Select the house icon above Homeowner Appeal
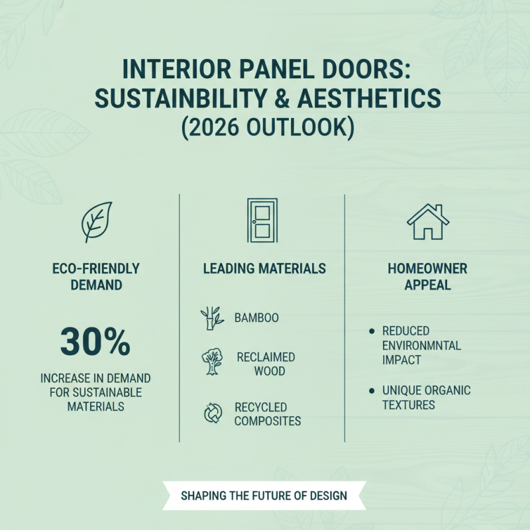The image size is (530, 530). (x=428, y=222)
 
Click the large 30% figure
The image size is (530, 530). (x=95, y=341)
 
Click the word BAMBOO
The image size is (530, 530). (x=256, y=318)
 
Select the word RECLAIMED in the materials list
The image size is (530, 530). (x=266, y=357)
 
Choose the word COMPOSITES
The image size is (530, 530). (x=268, y=421)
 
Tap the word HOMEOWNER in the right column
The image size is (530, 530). (x=428, y=268)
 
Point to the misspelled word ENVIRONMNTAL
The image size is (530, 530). (x=421, y=345)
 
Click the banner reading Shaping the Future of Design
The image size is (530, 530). (x=264, y=496)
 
